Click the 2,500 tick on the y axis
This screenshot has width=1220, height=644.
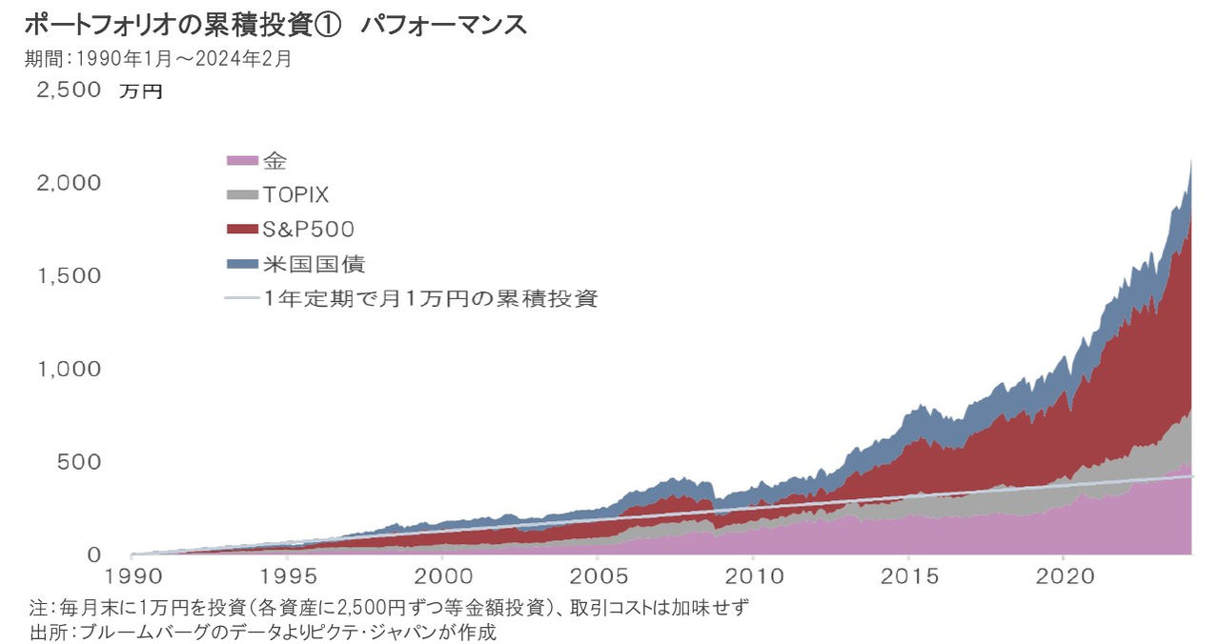pos(69,91)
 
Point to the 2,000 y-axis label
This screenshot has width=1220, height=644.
pos(69,183)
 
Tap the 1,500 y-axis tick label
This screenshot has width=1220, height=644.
pos(69,276)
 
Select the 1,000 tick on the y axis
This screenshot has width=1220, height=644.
pos(69,369)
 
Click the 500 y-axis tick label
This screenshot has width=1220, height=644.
pos(80,462)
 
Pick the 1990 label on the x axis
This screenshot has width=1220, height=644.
pos(132,576)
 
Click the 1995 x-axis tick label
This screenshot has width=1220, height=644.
pos(288,576)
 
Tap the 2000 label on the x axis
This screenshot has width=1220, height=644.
pos(443,576)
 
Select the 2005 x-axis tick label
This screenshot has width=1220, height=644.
pos(599,576)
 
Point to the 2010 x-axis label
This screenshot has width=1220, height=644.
pos(753,576)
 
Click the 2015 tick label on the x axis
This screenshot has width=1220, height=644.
pos(908,576)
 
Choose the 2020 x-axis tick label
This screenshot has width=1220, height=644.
pos(1063,576)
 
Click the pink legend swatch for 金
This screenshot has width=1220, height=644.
pos(242,160)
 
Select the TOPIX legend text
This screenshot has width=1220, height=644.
pos(295,195)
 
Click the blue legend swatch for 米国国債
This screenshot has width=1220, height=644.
pos(242,264)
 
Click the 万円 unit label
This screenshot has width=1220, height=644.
pos(141,92)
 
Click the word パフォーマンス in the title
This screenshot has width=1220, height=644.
pos(443,24)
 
